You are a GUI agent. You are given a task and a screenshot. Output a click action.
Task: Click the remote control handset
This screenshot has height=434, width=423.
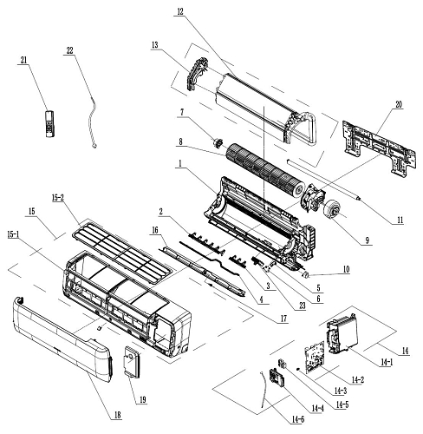pyautogui.click(x=50, y=124)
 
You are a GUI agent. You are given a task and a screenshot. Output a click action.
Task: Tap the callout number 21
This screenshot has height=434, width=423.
pyautogui.click(x=23, y=60)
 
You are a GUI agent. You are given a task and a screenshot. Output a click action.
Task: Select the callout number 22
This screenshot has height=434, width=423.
pyautogui.click(x=69, y=50)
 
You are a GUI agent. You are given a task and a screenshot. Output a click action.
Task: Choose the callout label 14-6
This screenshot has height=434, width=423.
pyautogui.click(x=297, y=419)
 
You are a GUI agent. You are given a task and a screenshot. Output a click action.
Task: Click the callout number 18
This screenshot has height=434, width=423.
pyautogui.click(x=117, y=415)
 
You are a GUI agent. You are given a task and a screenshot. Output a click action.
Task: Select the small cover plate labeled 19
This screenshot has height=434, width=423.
pyautogui.click(x=133, y=362)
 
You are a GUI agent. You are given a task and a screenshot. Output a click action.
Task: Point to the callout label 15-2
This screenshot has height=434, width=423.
pyautogui.click(x=57, y=198)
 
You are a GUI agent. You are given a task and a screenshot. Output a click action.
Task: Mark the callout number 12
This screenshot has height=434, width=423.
pyautogui.click(x=180, y=12)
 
